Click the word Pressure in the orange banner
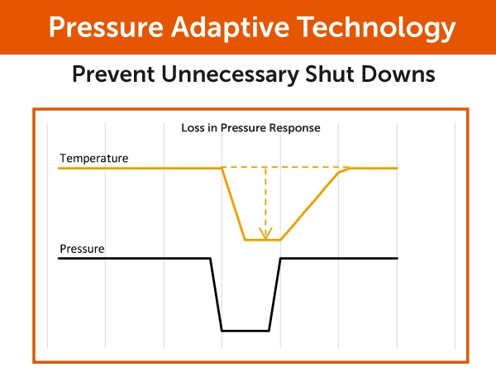(106, 27)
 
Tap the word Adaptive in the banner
(231, 28)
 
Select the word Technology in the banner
(376, 28)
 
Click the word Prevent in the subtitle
(113, 74)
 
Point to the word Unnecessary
(230, 75)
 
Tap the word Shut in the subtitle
(329, 74)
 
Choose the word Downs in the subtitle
(398, 74)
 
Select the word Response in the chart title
(294, 128)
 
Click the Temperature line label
(94, 158)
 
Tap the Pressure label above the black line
(82, 249)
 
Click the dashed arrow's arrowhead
(265, 233)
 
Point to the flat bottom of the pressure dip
(246, 331)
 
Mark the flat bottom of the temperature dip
(263, 240)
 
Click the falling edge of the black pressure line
(216, 294)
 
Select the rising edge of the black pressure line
(274, 294)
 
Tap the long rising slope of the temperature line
(309, 207)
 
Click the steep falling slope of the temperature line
(233, 204)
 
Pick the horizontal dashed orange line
(285, 167)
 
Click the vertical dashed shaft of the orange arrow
(265, 199)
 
